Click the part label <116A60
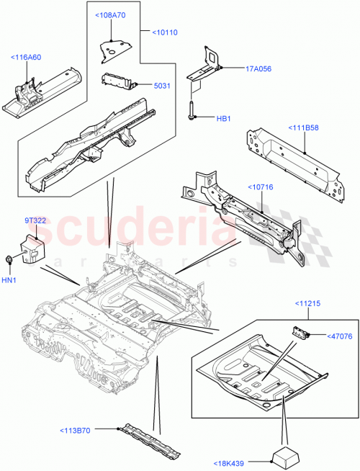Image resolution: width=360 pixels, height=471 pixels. coord(26,57)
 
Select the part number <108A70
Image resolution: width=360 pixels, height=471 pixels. coord(110,14)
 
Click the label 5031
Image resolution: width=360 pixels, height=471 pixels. coord(163,86)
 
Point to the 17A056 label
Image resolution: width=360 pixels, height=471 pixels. coord(238,69)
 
